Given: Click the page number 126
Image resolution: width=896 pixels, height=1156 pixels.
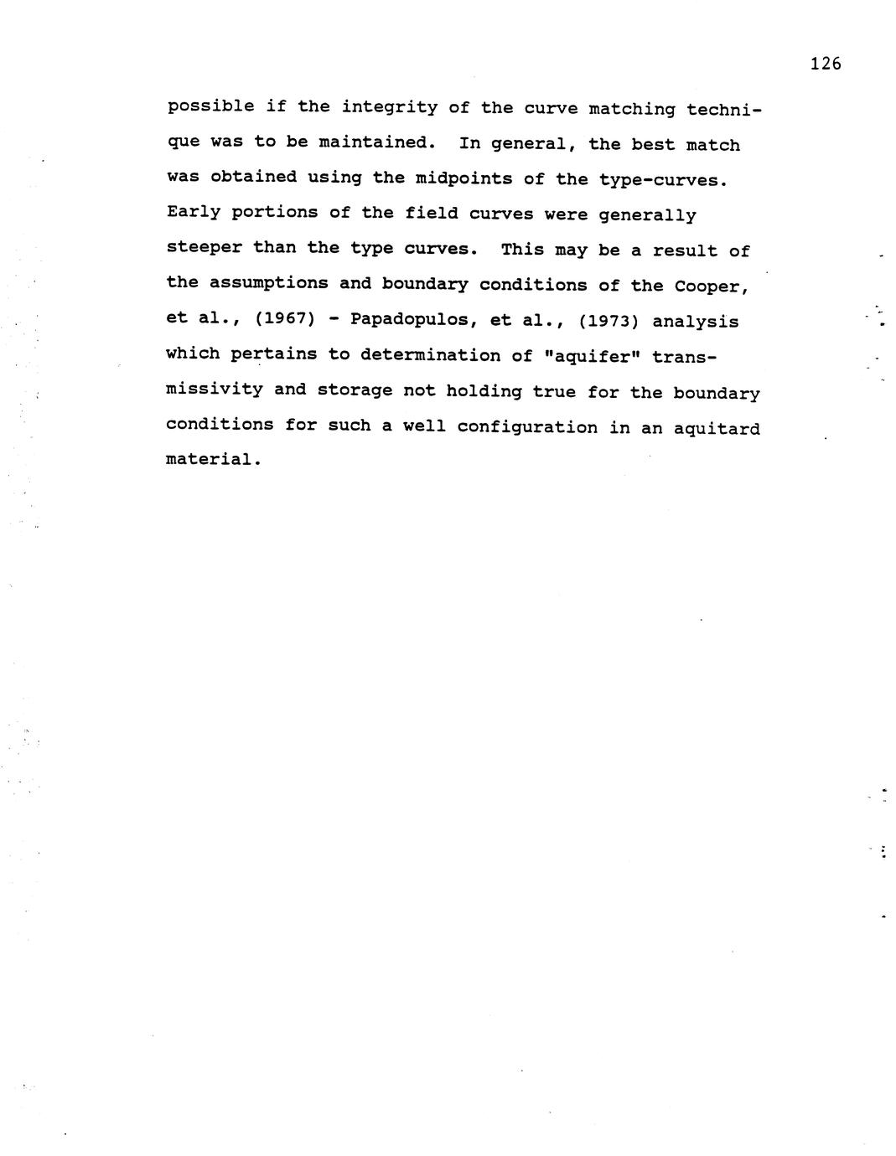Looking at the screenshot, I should (826, 64).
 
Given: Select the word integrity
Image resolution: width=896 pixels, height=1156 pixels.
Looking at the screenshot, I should (389, 107).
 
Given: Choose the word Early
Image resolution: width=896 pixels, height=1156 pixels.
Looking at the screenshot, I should (194, 212).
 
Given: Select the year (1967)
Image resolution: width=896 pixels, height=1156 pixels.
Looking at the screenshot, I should (285, 319).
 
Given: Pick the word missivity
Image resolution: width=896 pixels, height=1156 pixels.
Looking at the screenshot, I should (214, 390).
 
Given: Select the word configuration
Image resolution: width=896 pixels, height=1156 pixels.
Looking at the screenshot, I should (527, 427).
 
